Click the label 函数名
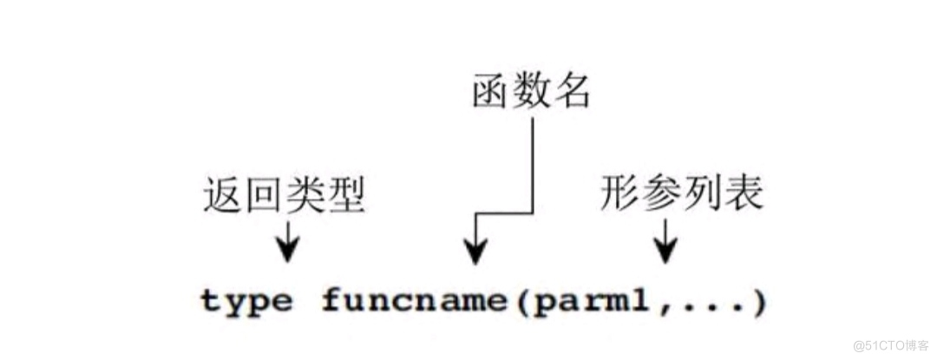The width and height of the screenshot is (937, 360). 531,89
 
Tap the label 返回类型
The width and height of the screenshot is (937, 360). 283,196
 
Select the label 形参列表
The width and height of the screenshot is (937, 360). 681,196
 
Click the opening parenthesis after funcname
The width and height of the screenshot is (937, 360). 520,303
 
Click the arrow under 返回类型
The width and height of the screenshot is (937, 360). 286,243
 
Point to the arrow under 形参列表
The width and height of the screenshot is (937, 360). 665,240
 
